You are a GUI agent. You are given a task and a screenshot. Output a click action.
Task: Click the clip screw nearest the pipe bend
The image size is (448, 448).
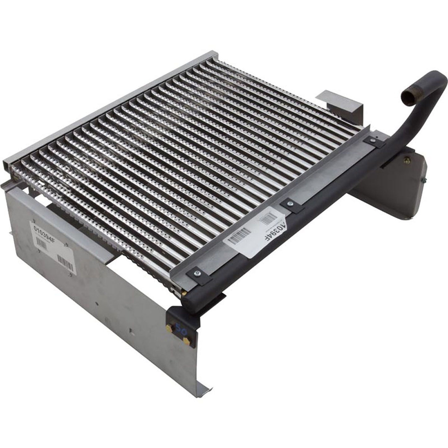[371, 140]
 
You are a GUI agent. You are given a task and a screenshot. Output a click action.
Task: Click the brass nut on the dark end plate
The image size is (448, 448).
[404, 161]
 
